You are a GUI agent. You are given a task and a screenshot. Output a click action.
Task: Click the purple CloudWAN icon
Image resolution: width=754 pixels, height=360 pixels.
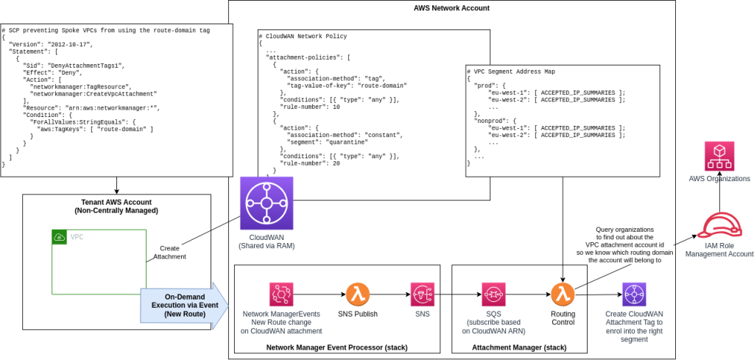click(266, 203)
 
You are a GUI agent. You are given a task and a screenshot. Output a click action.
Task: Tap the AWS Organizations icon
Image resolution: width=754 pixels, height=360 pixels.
click(719, 156)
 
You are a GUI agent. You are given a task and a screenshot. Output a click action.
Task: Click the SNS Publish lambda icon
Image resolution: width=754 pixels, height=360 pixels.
click(358, 294)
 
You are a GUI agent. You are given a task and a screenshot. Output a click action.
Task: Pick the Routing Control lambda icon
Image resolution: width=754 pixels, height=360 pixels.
click(563, 294)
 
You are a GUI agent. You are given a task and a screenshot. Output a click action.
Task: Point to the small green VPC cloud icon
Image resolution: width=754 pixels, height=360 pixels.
click(60, 237)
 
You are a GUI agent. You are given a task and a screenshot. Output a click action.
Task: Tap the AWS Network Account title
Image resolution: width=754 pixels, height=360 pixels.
click(451, 8)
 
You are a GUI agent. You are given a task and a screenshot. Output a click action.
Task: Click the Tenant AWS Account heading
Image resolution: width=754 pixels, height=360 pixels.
click(116, 205)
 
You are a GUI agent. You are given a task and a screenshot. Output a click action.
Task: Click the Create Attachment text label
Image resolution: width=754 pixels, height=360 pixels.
click(169, 253)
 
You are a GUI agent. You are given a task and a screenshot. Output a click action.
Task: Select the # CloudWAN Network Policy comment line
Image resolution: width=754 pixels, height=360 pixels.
click(303, 36)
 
